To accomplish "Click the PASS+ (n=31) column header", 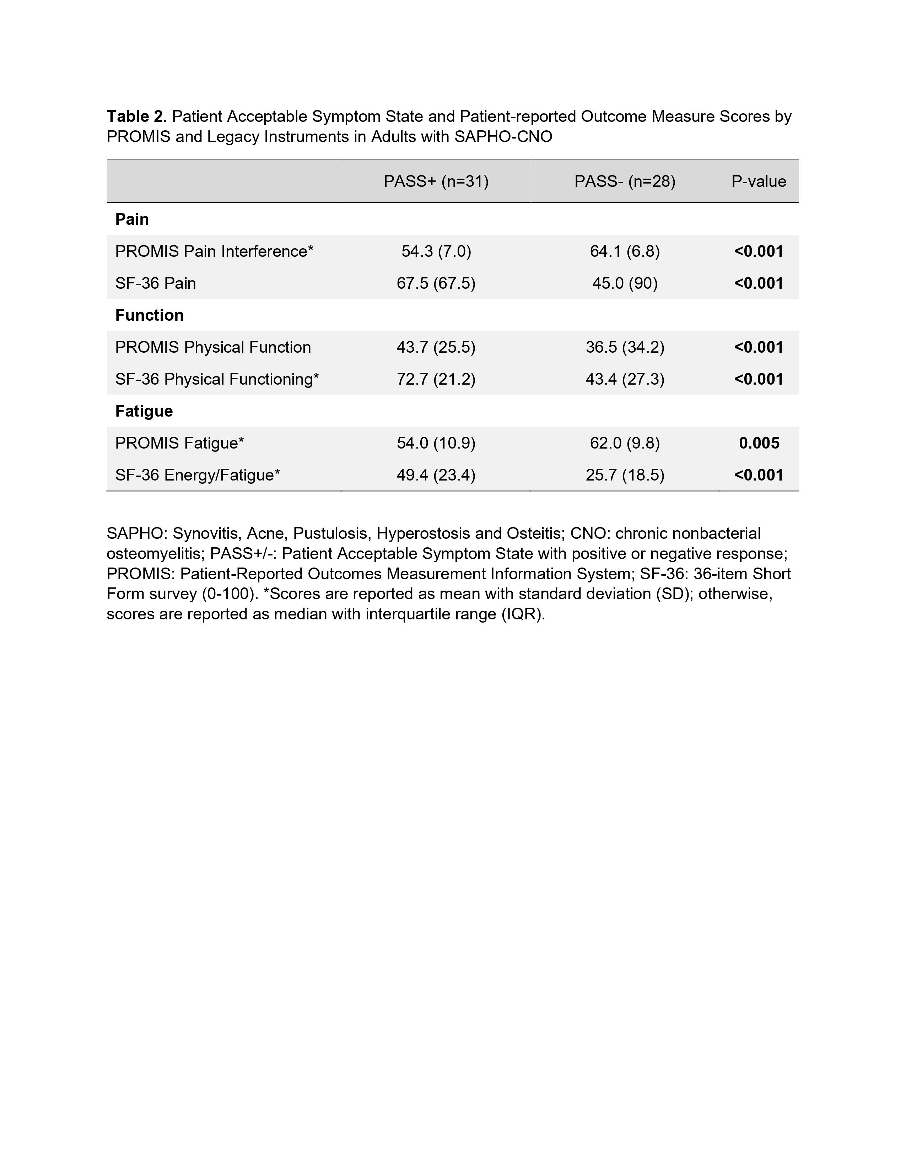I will pos(436,181).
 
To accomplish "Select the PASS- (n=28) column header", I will pos(625,181).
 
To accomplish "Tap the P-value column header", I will pos(759,181).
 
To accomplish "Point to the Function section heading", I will pos(149,315).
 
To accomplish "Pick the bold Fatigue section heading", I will pos(144,411).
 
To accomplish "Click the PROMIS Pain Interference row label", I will pos(214,251).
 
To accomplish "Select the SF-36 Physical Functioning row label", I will pos(217,379).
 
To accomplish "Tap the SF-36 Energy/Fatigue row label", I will pos(198,475).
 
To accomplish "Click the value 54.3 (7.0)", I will pos(436,251).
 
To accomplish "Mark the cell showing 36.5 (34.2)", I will pos(625,347).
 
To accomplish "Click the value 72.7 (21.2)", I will pos(436,379).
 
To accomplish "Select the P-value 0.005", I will pos(759,443).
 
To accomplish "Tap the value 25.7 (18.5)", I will pos(625,475).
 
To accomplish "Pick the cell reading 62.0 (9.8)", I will pos(625,443).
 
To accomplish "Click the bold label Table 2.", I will pos(137,116).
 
